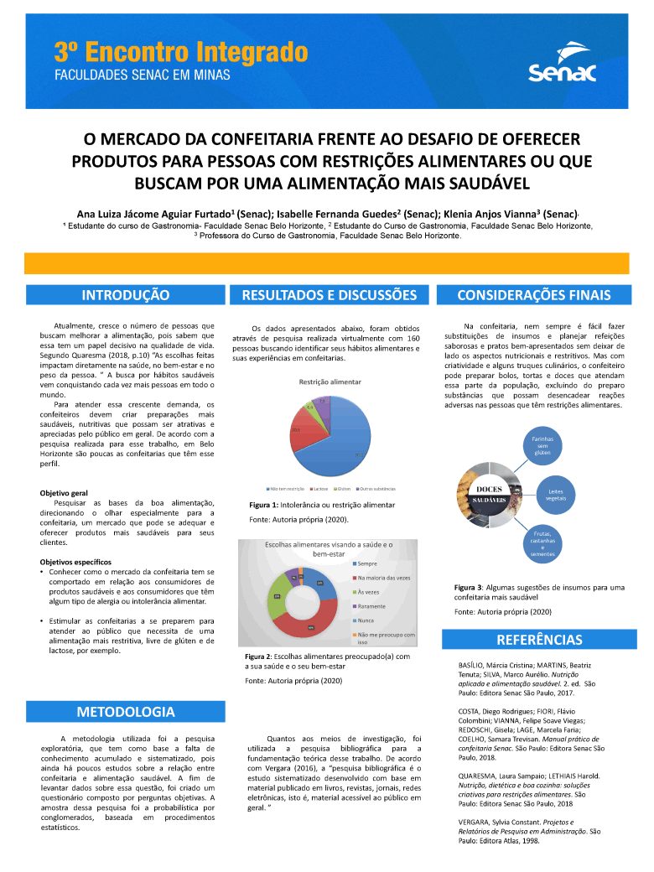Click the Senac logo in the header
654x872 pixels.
pos(562,65)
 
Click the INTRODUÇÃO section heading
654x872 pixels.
pos(126,295)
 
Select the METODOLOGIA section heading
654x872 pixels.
pos(126,712)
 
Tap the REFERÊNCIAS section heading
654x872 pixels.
pos(539,640)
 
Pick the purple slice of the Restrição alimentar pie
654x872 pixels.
pos(322,404)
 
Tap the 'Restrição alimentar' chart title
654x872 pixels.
pos(330,381)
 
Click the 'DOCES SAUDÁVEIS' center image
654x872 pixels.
pos(490,495)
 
